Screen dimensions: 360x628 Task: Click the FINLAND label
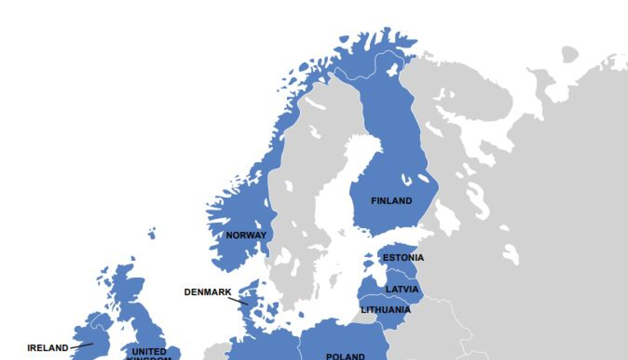tap(391, 201)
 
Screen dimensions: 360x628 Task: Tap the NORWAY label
tap(246, 235)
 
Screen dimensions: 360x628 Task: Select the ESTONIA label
tap(403, 257)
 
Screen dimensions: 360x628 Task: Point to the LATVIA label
tap(402, 289)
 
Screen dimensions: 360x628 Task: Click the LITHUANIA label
tap(386, 310)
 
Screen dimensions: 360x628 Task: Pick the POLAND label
tap(345, 356)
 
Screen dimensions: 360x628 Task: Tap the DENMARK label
tap(208, 292)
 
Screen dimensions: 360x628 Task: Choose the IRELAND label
tap(48, 348)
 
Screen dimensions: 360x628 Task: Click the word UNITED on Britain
tap(149, 351)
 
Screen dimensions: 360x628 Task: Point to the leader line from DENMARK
tap(238, 301)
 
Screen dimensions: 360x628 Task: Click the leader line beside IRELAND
tap(82, 346)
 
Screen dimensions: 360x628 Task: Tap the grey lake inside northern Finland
tap(392, 70)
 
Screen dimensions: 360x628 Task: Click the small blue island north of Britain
tap(152, 233)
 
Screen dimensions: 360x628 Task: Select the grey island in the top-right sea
tap(569, 54)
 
